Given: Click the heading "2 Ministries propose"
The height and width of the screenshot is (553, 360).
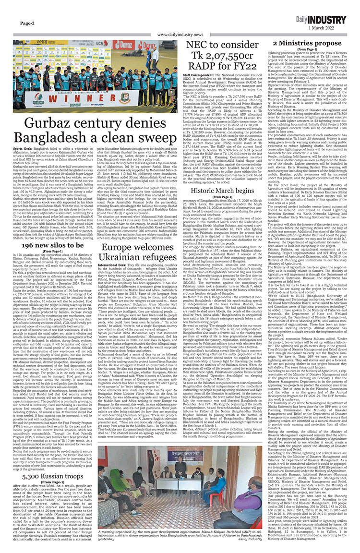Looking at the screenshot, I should coord(307,44).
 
